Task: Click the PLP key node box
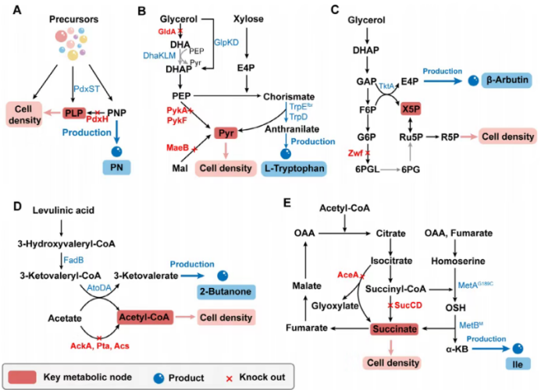75,112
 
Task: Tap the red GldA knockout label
166,30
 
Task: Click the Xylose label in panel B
248,16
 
